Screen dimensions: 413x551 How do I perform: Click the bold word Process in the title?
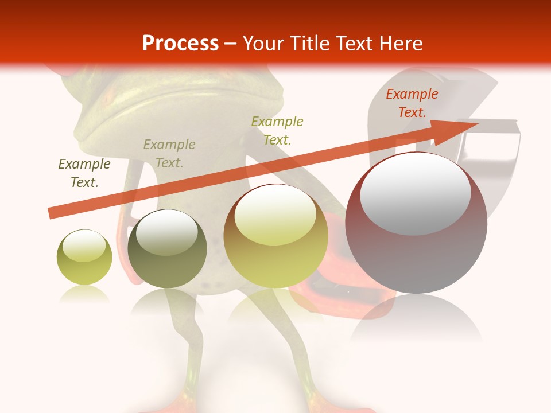(180, 44)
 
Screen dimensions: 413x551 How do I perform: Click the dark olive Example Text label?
(84, 173)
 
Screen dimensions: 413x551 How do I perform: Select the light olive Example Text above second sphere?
(169, 154)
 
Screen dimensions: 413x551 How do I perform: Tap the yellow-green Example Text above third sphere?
(277, 130)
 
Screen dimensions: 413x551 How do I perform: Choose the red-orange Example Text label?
(412, 103)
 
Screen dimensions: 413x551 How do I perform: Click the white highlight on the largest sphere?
(416, 193)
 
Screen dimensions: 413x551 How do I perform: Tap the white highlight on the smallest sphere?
(84, 246)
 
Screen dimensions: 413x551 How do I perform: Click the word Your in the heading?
(263, 44)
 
